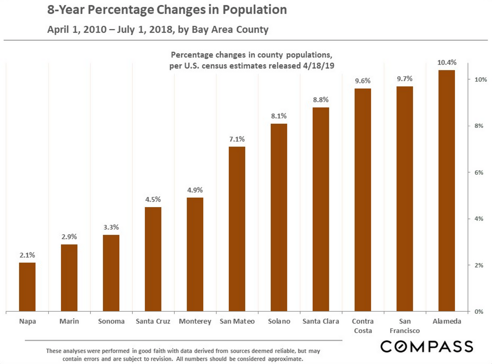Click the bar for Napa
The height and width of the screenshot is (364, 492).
pyautogui.click(x=27, y=287)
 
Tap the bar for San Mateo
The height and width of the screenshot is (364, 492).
pyautogui.click(x=237, y=229)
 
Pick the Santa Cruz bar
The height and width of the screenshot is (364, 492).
pyautogui.click(x=153, y=259)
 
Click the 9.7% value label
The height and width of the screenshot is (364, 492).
pyautogui.click(x=404, y=79)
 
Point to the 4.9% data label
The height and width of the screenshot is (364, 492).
pyautogui.click(x=195, y=190)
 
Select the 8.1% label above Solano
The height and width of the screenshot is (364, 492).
pyautogui.click(x=279, y=116)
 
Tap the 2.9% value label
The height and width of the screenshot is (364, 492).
pyautogui.click(x=69, y=237)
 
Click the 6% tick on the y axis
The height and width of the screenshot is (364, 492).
pyautogui.click(x=479, y=172)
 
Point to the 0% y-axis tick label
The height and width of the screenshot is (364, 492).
pyautogui.click(x=479, y=312)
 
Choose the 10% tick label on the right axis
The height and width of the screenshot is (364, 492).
pyautogui.click(x=480, y=79)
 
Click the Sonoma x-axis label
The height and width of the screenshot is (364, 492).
pyautogui.click(x=111, y=321)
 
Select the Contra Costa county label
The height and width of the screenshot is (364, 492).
pyautogui.click(x=363, y=326)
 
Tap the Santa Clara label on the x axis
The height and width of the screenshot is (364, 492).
pyautogui.click(x=321, y=321)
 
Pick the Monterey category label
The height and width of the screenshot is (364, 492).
pyautogui.click(x=195, y=321)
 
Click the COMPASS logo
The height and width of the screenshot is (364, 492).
pyautogui.click(x=427, y=346)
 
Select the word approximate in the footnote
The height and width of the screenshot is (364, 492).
pyautogui.click(x=285, y=359)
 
